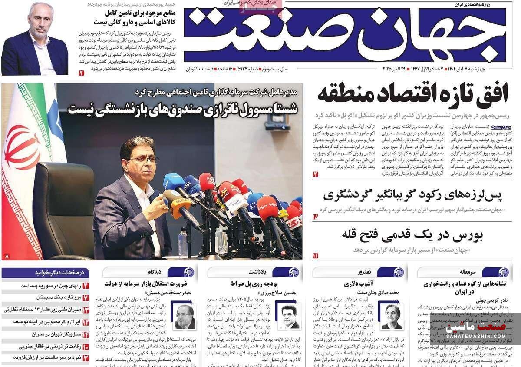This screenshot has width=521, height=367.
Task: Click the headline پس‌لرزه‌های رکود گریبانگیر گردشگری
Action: tap(412, 195)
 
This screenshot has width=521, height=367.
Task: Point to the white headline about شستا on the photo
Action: tap(182, 108)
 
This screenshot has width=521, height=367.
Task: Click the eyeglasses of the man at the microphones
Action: tap(143, 160)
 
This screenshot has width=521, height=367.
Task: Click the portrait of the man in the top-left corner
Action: tap(34, 39)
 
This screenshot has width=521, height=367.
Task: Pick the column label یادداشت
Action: tap(260, 272)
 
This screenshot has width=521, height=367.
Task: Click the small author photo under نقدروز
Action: tap(391, 315)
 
